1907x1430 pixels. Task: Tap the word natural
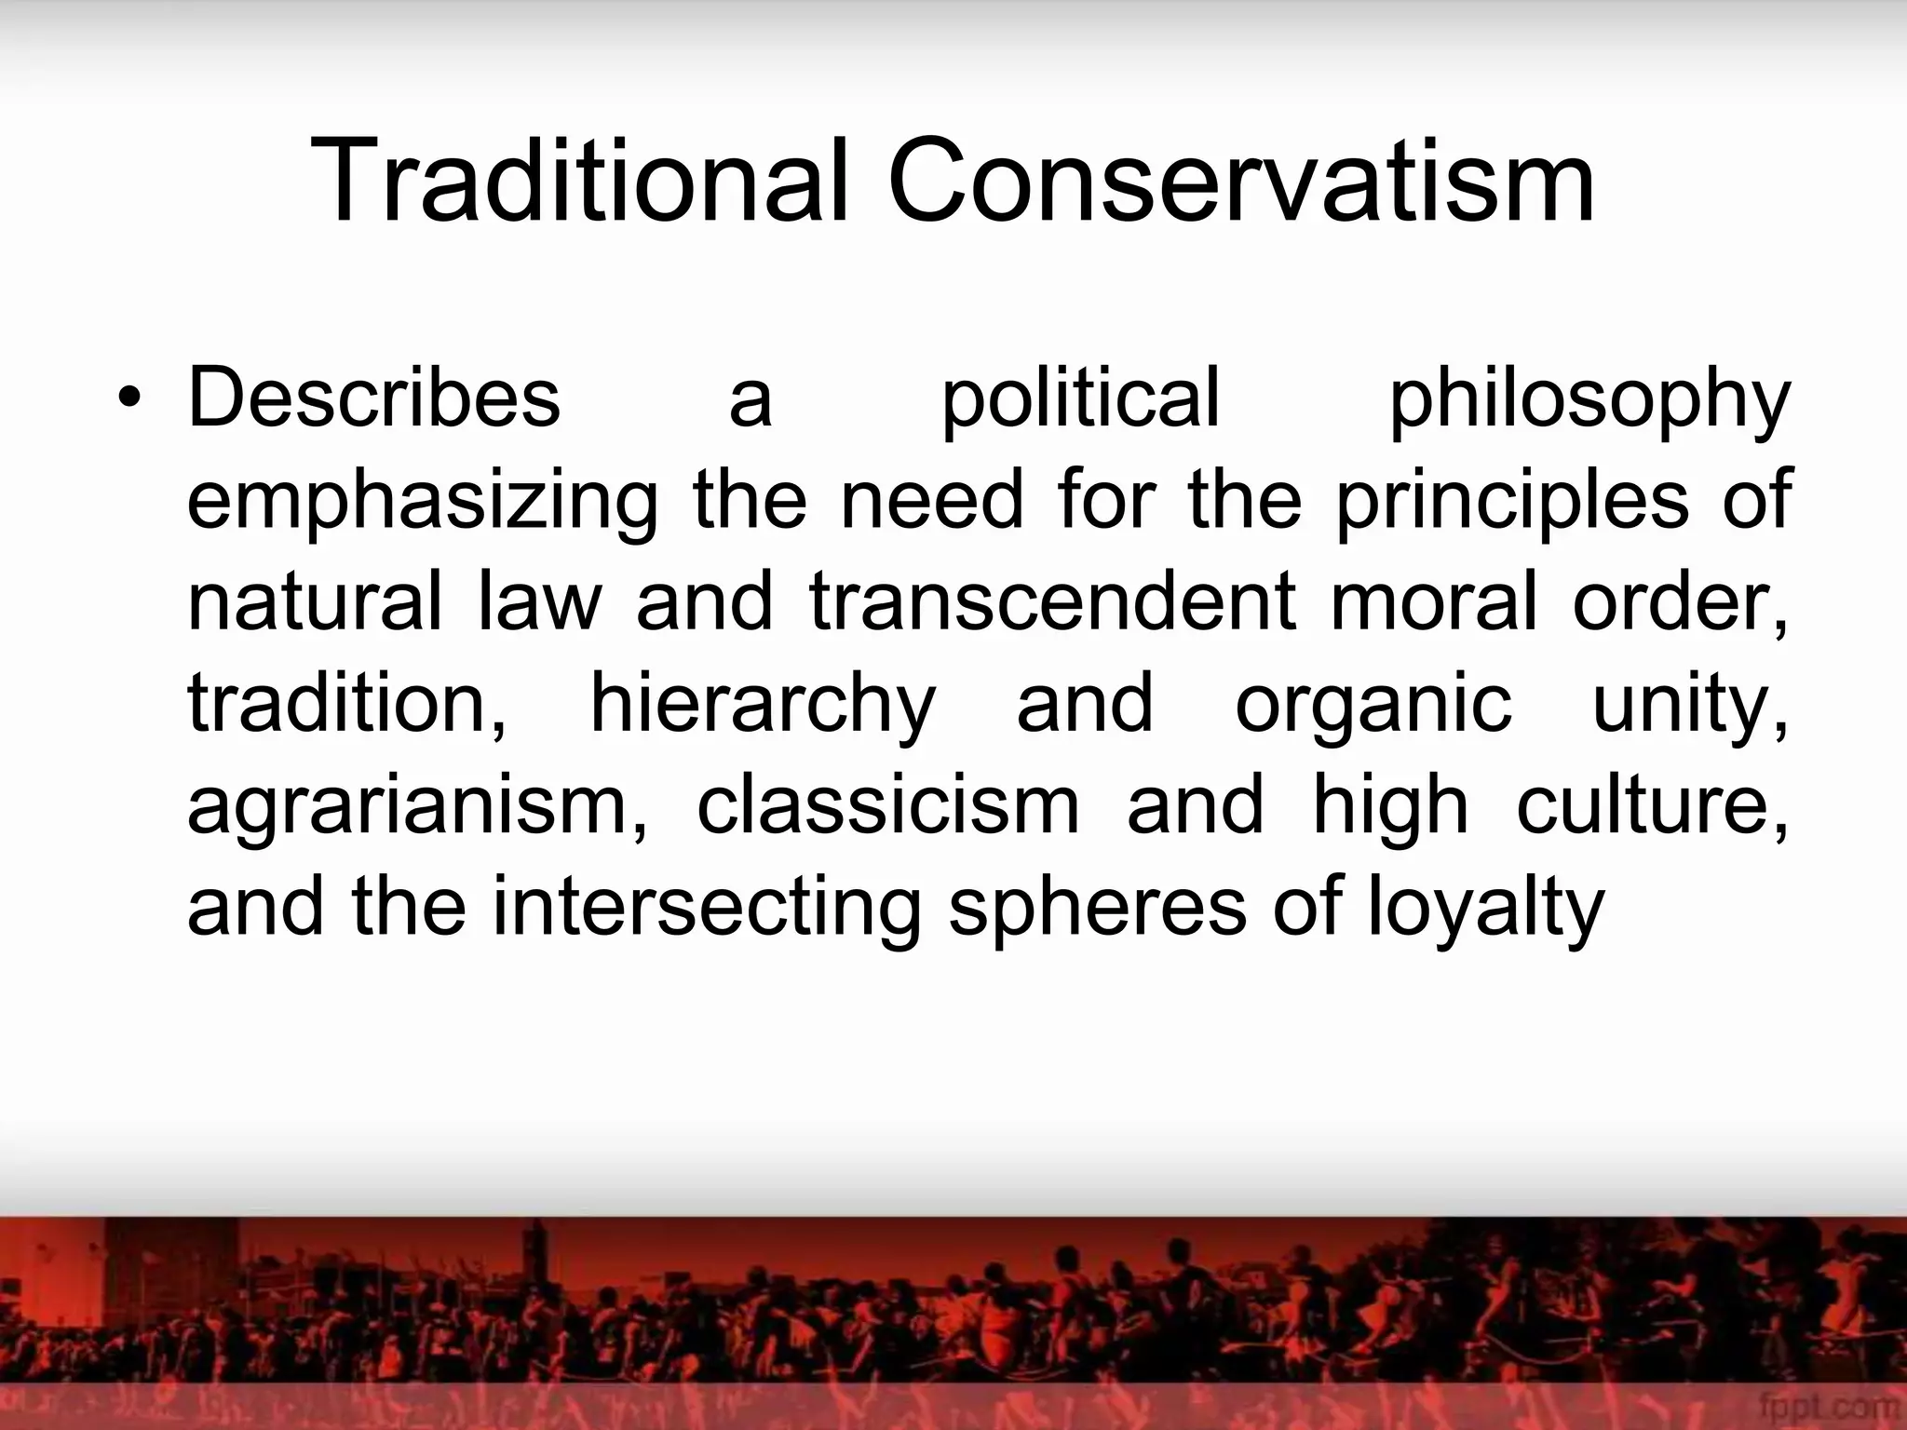(x=315, y=602)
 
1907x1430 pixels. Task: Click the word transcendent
(x=1052, y=602)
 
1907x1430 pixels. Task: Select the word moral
(x=1435, y=602)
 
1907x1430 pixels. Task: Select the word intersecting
(x=707, y=910)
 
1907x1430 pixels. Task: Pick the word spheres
(x=1097, y=910)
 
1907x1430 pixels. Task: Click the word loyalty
(x=1487, y=910)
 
